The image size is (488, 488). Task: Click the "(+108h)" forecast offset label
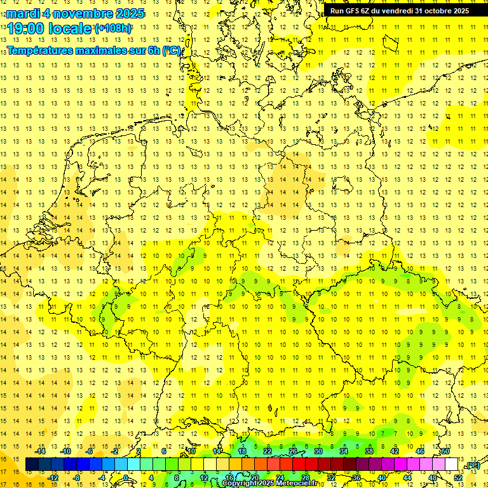(113, 29)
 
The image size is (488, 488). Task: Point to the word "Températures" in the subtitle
(39, 50)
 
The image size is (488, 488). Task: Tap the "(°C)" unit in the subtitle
(171, 50)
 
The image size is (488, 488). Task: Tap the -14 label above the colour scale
(41, 451)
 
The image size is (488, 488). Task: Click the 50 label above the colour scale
(445, 451)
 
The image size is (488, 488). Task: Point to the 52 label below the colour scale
(458, 477)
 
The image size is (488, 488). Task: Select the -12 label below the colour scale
(53, 477)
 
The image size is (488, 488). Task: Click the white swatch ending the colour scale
(451, 464)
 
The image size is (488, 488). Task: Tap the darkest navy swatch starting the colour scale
(32, 464)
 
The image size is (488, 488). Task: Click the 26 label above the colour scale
(293, 451)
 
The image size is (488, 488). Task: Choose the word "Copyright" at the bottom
(239, 484)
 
